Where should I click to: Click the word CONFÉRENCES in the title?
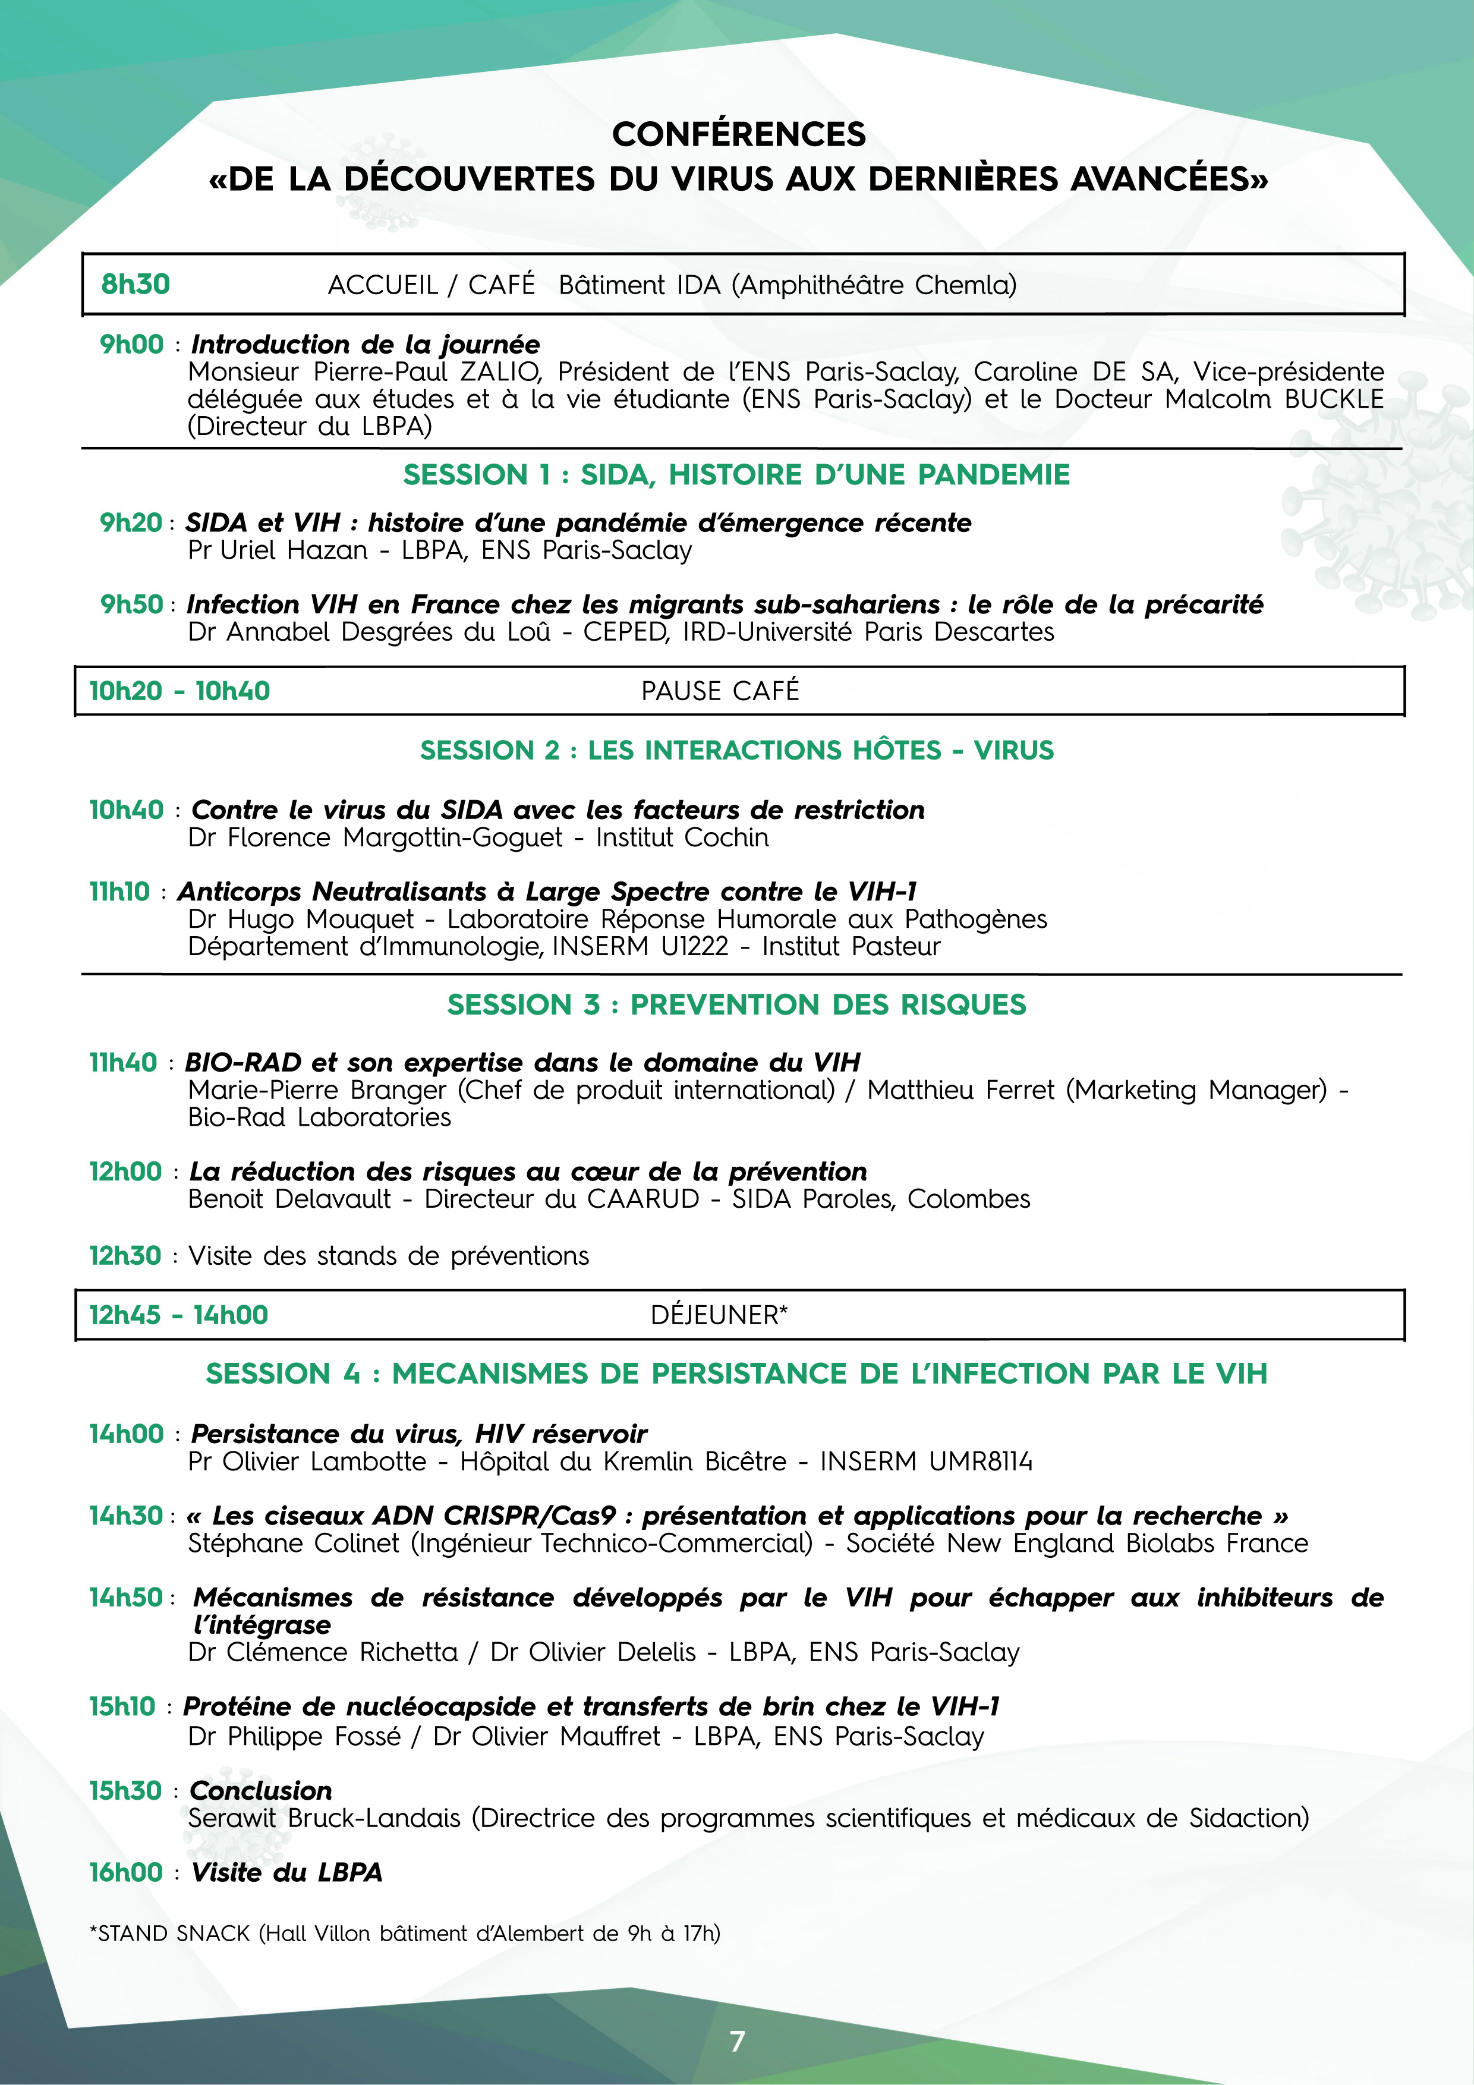coord(738,134)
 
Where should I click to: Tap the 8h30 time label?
coord(136,284)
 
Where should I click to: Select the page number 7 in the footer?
coord(736,2040)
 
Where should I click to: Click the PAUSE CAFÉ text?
coord(720,691)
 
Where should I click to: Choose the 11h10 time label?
coord(119,892)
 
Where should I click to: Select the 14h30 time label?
coord(125,1516)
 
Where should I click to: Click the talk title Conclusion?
coord(261,1791)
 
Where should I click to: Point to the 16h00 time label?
coord(125,1872)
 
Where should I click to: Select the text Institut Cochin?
coord(682,837)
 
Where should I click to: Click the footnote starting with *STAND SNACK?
coord(404,1933)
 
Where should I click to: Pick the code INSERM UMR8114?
coord(925,1461)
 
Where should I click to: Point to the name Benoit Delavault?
coord(289,1199)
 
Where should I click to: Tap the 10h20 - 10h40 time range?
coord(179,691)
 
